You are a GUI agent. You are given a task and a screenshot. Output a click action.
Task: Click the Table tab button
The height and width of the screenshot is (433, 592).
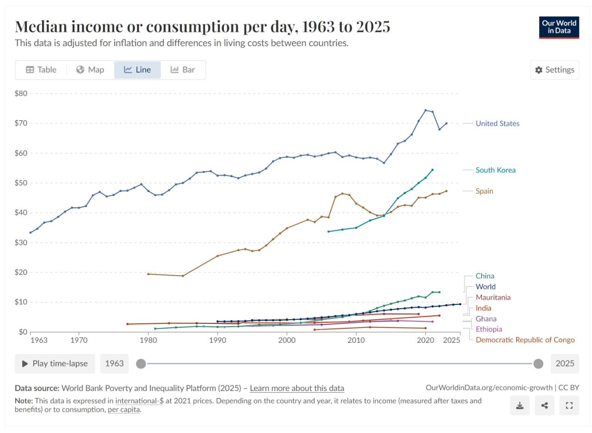point(41,70)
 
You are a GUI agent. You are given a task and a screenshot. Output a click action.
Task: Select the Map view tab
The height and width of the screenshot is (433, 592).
point(90,70)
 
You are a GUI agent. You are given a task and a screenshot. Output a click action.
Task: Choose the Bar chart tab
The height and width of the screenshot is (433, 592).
point(183,70)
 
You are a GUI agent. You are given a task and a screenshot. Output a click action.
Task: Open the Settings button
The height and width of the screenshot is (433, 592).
point(554,70)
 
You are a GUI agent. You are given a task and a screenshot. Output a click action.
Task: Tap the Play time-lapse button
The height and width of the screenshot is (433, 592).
point(55,364)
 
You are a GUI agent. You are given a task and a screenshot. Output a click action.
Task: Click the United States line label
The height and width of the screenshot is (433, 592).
point(497,124)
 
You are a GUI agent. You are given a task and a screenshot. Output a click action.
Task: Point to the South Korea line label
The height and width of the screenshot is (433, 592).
point(495,170)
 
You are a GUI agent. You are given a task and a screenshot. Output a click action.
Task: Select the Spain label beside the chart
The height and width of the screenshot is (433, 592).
point(484,191)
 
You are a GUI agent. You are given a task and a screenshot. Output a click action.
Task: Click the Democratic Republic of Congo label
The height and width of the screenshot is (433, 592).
point(525,340)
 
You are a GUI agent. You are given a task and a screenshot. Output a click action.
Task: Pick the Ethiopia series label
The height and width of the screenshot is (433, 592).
point(489,329)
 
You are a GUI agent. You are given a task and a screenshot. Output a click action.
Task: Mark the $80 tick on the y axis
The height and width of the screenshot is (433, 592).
point(22,93)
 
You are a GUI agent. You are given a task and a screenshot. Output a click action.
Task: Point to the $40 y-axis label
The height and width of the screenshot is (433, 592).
point(22,213)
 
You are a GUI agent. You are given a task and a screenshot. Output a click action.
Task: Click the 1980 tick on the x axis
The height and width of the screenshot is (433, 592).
point(148,340)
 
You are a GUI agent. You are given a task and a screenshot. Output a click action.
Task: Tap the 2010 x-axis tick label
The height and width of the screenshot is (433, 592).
point(356,340)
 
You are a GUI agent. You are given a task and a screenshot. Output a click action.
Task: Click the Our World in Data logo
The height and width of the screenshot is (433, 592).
point(559,27)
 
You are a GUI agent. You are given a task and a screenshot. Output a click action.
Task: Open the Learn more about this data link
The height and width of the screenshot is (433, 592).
point(297,388)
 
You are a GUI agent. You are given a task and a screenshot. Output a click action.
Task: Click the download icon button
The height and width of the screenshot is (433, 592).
point(520,406)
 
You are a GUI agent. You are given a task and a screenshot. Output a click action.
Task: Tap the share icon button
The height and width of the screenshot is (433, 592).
point(544,406)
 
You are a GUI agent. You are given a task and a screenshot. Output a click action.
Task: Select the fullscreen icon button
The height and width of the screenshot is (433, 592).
point(569,406)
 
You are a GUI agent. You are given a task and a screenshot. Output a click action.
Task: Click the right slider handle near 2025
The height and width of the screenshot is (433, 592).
point(538,364)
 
